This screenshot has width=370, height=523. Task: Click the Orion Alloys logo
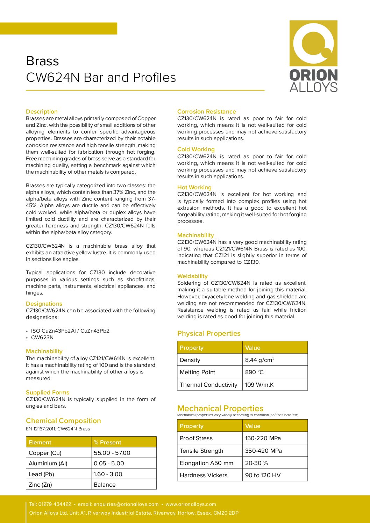point(313,56)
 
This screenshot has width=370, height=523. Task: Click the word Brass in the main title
point(42,61)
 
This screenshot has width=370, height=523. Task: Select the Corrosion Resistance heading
point(206,112)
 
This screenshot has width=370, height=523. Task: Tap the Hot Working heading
point(194,188)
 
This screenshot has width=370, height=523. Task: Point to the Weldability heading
point(192,276)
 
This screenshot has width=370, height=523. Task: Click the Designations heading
point(44,304)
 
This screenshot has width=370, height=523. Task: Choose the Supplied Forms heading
point(48,393)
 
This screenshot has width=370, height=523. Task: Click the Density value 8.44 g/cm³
point(259,360)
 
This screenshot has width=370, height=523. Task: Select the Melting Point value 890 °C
point(254,372)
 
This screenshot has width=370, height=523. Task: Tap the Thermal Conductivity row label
point(208,385)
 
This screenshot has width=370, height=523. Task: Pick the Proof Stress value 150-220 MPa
point(263,438)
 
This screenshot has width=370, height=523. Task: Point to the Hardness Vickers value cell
point(263,475)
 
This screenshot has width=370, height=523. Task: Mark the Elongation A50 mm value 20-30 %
point(256,463)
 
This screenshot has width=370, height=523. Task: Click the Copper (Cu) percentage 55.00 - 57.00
point(112,453)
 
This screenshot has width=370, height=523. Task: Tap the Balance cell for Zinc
point(105,485)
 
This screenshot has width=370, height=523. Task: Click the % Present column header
point(107,443)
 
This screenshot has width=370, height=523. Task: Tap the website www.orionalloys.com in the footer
point(191,504)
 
